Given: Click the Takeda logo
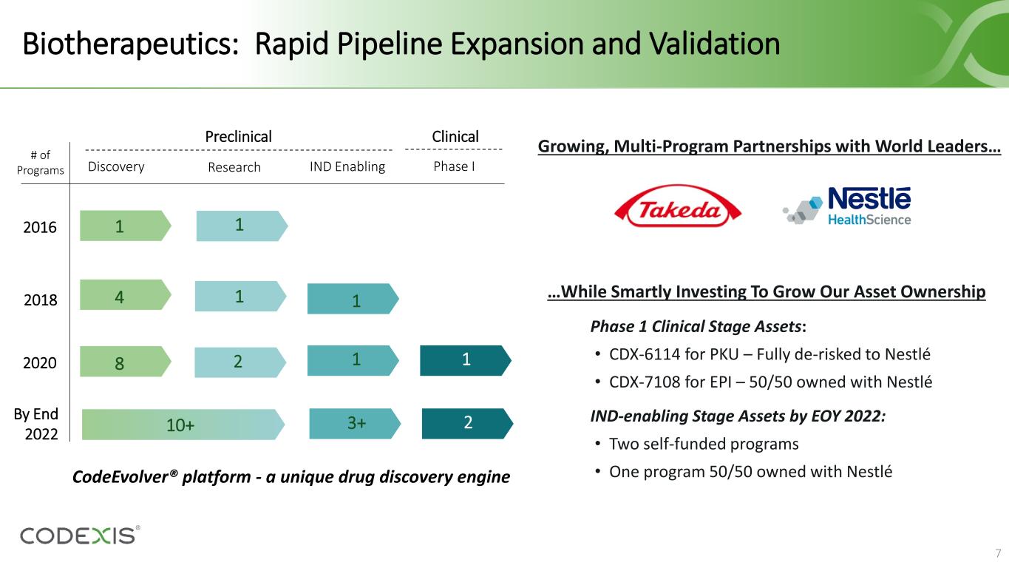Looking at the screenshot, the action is click(678, 206).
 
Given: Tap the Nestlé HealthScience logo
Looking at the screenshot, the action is click(847, 206).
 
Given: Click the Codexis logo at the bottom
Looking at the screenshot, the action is click(80, 535).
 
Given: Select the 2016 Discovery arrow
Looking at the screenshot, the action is click(125, 226).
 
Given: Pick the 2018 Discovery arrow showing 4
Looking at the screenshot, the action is click(125, 295).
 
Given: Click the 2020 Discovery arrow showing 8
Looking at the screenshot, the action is click(125, 362).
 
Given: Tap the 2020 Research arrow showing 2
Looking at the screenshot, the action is click(240, 362).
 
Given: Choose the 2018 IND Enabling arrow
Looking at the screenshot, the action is click(353, 299).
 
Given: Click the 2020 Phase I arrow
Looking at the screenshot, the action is click(465, 361).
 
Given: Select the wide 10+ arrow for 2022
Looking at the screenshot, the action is click(183, 425).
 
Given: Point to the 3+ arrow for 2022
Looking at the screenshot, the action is click(355, 424).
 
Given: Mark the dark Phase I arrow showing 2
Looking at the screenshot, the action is click(467, 424).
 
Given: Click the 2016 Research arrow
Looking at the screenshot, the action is click(242, 226).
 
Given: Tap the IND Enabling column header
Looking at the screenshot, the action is click(347, 167).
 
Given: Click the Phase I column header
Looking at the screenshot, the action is click(454, 166).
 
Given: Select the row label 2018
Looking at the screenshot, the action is click(41, 300).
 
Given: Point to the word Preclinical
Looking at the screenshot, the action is click(238, 137).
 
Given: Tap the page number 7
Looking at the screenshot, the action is click(998, 553).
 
